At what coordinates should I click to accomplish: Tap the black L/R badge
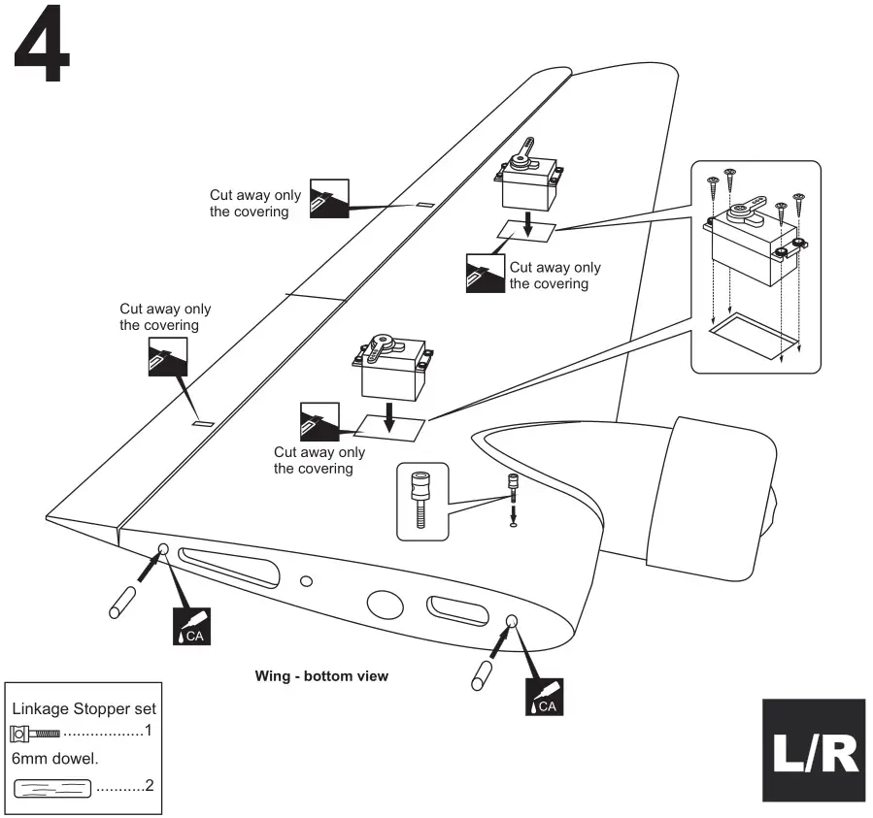coord(812,750)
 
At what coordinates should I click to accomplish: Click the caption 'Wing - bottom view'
coord(320,675)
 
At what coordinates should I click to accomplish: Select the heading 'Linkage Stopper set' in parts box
coord(83,708)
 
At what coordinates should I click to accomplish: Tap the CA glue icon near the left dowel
coord(189,627)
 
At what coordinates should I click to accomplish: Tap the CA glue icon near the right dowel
coord(543,697)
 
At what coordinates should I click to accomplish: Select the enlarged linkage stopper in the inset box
coord(421,497)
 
